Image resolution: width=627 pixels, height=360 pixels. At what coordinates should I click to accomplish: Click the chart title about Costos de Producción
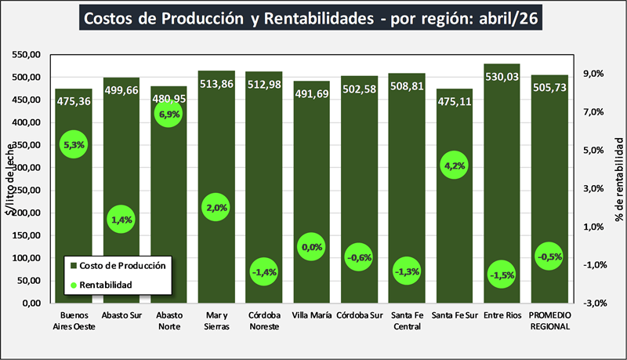point(310,18)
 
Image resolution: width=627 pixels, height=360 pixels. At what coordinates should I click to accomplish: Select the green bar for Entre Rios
point(502,184)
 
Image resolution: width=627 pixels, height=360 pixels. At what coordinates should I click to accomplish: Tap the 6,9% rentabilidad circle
point(169,114)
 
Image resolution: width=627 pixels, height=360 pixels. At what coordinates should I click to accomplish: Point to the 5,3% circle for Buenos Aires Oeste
point(74,144)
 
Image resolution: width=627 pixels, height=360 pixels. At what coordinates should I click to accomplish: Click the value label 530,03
point(502,77)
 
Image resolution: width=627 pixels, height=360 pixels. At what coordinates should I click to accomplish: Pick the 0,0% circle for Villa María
point(311,247)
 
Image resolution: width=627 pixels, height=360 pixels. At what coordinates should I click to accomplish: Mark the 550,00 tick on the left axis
point(27,55)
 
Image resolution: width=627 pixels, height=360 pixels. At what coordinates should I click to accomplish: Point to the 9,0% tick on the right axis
point(593,74)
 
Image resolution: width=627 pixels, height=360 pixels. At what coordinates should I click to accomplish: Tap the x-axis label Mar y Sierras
point(217,321)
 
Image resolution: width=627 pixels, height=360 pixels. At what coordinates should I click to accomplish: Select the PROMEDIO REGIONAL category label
point(550,321)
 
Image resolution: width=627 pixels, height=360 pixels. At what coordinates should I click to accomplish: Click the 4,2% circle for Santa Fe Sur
point(455,165)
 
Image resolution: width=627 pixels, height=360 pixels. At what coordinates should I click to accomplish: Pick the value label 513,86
point(216,84)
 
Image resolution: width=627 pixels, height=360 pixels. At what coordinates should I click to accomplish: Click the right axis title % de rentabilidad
point(619,180)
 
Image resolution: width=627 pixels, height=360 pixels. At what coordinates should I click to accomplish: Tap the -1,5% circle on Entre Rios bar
point(502,275)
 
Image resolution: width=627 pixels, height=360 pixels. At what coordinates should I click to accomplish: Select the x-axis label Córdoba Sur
point(360,315)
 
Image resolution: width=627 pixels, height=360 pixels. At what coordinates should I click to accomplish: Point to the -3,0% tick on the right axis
point(595,304)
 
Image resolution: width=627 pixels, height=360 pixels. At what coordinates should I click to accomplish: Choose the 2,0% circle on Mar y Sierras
point(216,207)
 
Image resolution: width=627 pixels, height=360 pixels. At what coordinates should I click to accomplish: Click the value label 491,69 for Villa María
point(311,94)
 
